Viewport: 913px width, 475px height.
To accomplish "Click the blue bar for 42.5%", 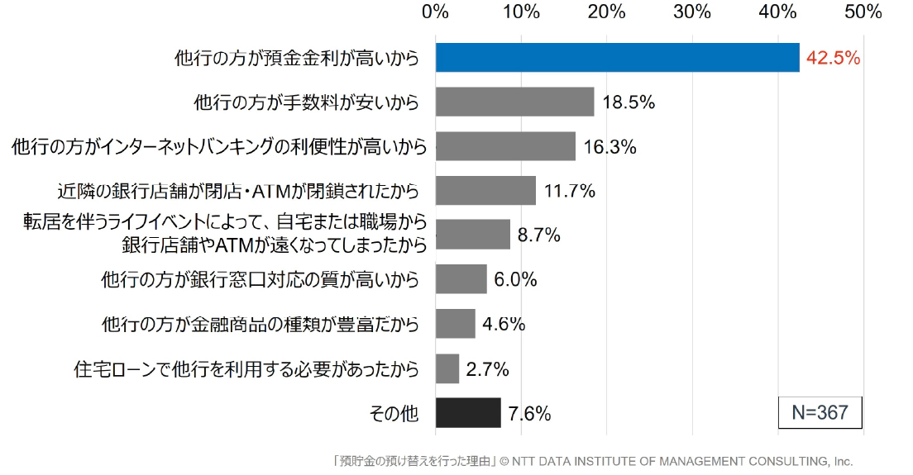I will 617,58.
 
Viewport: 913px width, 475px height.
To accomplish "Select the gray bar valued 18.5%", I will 514,102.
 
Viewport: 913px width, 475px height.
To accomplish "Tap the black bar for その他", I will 468,412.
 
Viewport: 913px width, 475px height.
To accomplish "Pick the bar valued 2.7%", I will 447,368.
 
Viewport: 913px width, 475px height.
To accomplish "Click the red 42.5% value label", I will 833,59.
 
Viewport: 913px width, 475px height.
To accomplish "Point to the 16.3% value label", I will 609,147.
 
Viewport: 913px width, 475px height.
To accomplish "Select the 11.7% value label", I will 570,192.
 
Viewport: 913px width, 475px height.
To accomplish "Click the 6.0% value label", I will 515,279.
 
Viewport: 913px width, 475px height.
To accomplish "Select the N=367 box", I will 820,412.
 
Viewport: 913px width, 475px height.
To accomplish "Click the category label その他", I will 394,413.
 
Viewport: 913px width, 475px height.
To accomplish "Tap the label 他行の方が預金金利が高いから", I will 297,59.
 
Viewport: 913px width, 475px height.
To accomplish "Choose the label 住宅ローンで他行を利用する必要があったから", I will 246,368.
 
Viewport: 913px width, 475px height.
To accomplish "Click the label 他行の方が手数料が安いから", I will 306,102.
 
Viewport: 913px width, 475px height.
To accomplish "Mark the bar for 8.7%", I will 472,235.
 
